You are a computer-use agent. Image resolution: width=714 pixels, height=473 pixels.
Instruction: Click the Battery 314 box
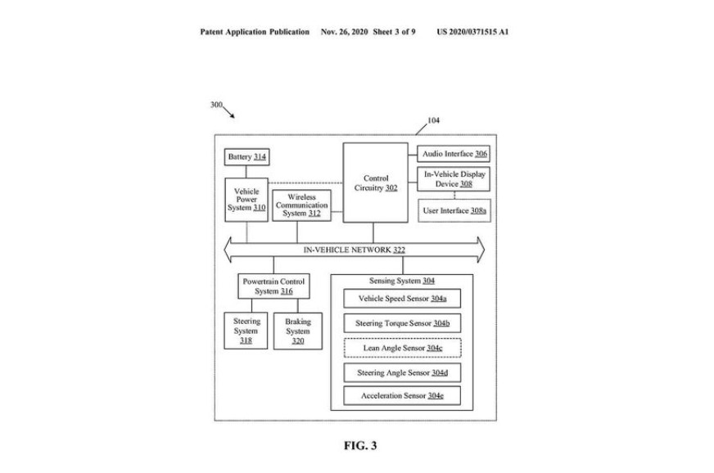click(x=246, y=156)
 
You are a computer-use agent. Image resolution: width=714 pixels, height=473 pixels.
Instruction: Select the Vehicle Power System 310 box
click(x=246, y=199)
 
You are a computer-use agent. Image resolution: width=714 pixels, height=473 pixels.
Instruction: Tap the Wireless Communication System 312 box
click(x=301, y=205)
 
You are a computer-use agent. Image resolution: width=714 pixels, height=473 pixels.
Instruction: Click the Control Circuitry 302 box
click(x=376, y=182)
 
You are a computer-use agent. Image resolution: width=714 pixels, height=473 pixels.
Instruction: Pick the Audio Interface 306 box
click(x=454, y=153)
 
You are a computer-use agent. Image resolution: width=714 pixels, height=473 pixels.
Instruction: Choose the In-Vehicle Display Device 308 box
click(x=454, y=179)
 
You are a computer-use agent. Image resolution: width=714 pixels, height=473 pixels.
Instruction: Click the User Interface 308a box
click(x=454, y=211)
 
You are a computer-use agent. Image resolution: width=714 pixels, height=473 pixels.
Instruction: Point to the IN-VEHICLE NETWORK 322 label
click(x=354, y=250)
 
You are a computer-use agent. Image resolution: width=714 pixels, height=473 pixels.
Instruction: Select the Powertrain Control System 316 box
click(x=273, y=286)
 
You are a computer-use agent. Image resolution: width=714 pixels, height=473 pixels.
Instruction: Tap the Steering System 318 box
click(x=246, y=331)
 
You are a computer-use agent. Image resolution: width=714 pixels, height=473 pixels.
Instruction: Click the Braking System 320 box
click(x=297, y=331)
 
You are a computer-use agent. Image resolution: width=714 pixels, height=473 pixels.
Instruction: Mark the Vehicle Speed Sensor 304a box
click(x=401, y=299)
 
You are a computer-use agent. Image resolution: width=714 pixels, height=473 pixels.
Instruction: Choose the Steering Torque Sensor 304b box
click(x=401, y=323)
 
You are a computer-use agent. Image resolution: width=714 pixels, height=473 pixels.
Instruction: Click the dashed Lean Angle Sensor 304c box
click(x=401, y=348)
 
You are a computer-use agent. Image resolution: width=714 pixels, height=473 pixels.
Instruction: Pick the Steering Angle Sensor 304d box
click(x=401, y=372)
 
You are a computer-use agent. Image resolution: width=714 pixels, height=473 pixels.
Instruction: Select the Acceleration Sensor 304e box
click(x=401, y=396)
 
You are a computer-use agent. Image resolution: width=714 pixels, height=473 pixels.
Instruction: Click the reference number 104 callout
click(x=433, y=121)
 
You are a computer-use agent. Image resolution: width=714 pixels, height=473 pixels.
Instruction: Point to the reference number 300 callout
click(x=216, y=105)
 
